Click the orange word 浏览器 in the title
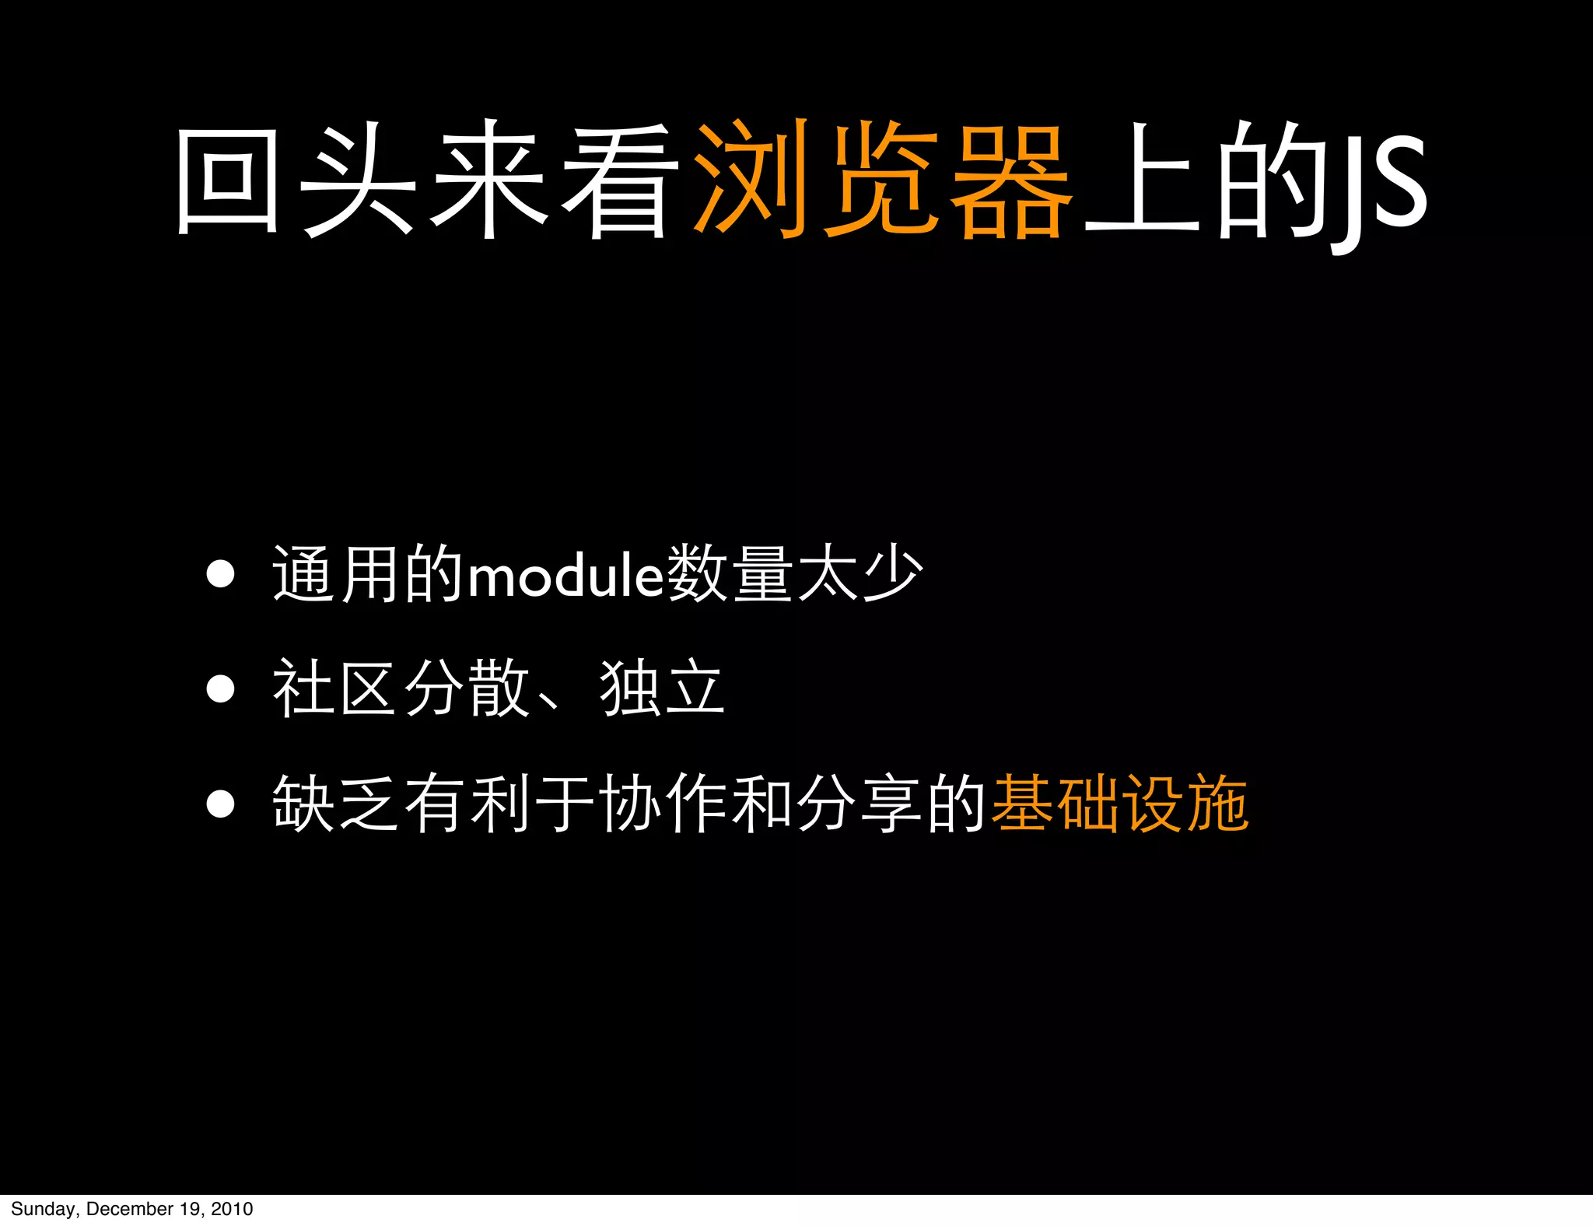(x=883, y=180)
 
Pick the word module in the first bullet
(x=565, y=576)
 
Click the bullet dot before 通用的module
(x=220, y=575)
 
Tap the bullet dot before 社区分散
(x=220, y=688)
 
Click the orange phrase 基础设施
(x=1120, y=804)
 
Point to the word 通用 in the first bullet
(x=337, y=575)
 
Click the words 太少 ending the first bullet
(x=860, y=575)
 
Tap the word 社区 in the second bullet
(x=337, y=688)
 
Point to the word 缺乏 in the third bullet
(x=337, y=804)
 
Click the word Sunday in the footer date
(x=43, y=1209)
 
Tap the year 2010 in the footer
(x=232, y=1209)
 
